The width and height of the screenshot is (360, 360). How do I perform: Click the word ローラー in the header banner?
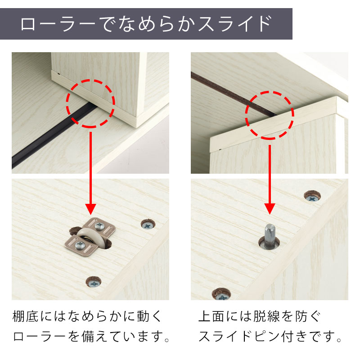pos(58,24)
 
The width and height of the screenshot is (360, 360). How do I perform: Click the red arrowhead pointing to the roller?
pos(91,209)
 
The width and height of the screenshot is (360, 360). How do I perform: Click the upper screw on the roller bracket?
pos(99,226)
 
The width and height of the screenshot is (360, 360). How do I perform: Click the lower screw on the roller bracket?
pos(81,245)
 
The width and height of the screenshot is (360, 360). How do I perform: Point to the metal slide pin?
pos(270,237)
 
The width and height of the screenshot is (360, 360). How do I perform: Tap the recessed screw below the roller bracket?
pos(94,283)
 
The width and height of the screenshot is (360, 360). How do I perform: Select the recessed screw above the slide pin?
pos(312,197)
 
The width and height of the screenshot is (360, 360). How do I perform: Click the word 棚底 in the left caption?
pos(25,316)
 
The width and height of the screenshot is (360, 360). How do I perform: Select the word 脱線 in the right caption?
pos(266,316)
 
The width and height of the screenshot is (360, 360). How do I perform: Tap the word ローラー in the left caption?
pos(39,337)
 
